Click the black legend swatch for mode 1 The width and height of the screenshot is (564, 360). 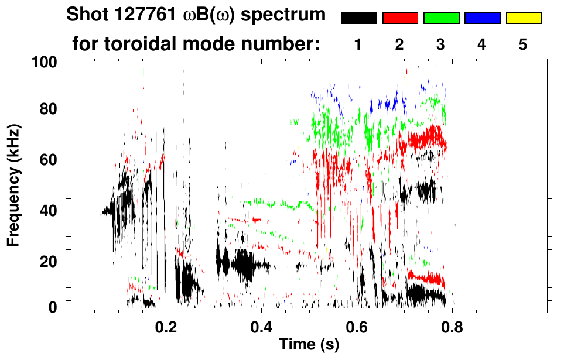[358, 18]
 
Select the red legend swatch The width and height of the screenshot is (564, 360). [400, 18]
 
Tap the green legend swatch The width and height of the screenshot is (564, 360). [441, 18]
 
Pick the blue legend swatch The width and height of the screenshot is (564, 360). [482, 18]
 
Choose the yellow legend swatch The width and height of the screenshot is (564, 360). [524, 18]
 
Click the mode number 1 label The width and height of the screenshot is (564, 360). [358, 44]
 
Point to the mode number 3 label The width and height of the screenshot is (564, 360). [441, 44]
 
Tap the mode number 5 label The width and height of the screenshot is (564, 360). [523, 44]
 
